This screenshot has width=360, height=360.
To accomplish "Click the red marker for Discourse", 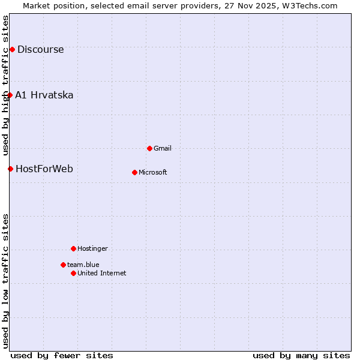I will tap(12, 49).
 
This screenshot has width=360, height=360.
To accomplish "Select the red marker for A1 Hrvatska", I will tap(10, 95).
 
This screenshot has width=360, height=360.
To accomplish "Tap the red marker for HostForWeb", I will tap(10, 169).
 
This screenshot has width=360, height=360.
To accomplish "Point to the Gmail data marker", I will tap(149, 148).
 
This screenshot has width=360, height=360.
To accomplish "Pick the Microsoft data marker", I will tap(134, 172).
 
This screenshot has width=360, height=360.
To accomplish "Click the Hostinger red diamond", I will tap(73, 248).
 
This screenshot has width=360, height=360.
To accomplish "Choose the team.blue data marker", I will tap(63, 265).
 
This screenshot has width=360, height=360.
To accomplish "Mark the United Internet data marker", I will tap(73, 273).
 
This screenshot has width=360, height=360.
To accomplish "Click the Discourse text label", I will tap(40, 50).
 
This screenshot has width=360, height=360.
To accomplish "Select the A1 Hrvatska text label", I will tap(44, 95).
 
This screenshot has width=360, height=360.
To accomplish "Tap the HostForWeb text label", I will tap(44, 169).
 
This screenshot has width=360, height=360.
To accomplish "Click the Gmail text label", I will tap(163, 149).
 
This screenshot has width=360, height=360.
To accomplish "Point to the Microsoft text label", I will tap(153, 173).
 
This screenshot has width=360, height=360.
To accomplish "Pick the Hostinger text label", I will tap(93, 249).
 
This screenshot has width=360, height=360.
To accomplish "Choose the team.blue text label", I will tap(83, 265).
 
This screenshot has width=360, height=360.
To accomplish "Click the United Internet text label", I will tap(102, 274).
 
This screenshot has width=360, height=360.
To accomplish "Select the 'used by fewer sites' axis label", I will tap(62, 356).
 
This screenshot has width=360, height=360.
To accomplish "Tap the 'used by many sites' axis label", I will tap(301, 356).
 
